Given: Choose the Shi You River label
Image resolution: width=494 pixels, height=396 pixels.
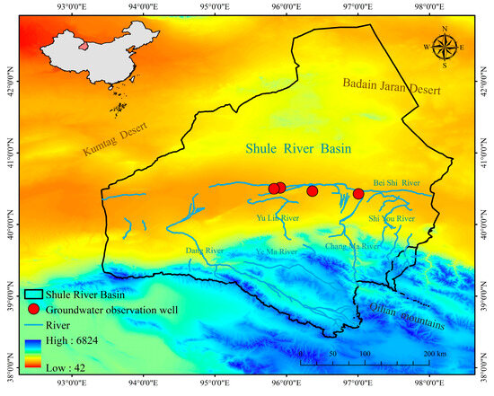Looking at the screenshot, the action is pyautogui.click(x=392, y=218).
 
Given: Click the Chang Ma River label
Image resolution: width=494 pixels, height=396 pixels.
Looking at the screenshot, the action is pyautogui.click(x=353, y=245).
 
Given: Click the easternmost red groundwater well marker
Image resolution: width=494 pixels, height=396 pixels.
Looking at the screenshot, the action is pyautogui.click(x=358, y=193).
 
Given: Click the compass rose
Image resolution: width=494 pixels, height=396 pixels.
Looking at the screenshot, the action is pyautogui.click(x=442, y=46).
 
